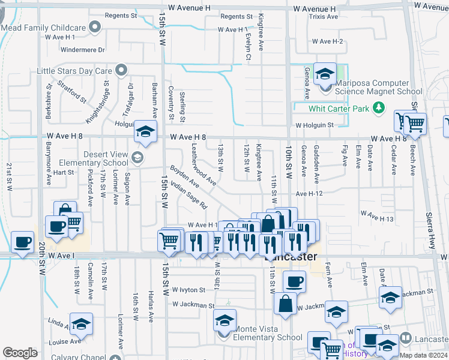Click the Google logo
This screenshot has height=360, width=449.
click(20, 353)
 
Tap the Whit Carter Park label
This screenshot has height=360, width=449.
click(338, 109)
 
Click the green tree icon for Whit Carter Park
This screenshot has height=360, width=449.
click(378, 108)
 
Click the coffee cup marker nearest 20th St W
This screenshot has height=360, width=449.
click(23, 242)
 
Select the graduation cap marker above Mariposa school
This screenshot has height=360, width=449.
click(325, 74)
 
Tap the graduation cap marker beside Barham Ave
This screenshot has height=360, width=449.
click(145, 133)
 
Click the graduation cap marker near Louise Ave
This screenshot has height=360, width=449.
click(81, 325)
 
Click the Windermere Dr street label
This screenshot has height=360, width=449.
click(83, 50)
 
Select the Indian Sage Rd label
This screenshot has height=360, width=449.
click(188, 196)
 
